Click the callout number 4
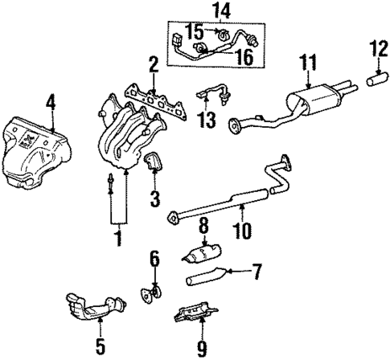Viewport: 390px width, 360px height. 51,103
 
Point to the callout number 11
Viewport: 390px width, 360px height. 306,61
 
